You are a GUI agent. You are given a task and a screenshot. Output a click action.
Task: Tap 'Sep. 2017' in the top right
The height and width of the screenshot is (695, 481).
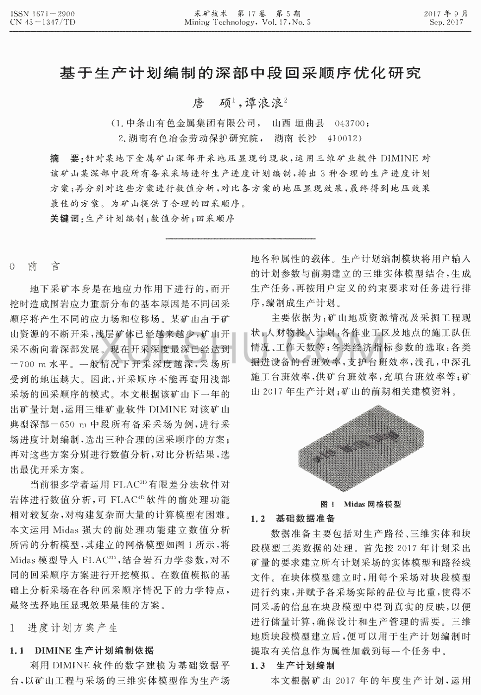click(446, 22)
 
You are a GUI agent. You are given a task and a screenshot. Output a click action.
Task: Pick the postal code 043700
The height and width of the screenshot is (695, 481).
click(352, 123)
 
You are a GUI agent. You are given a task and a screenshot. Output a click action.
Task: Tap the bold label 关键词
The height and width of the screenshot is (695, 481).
click(64, 219)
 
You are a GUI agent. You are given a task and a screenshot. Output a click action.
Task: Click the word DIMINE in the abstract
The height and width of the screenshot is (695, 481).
click(399, 159)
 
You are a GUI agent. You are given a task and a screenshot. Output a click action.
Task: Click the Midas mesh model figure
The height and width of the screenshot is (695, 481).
click(361, 447)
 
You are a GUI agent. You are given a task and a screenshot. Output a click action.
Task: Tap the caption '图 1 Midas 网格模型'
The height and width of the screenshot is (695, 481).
click(361, 504)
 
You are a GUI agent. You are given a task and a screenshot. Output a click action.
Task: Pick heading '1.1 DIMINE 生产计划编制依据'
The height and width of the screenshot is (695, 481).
click(82, 650)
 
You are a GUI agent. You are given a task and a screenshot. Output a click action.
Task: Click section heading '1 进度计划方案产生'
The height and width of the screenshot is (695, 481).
click(64, 628)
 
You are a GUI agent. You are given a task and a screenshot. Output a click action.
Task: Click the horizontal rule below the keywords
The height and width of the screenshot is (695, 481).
click(240, 239)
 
